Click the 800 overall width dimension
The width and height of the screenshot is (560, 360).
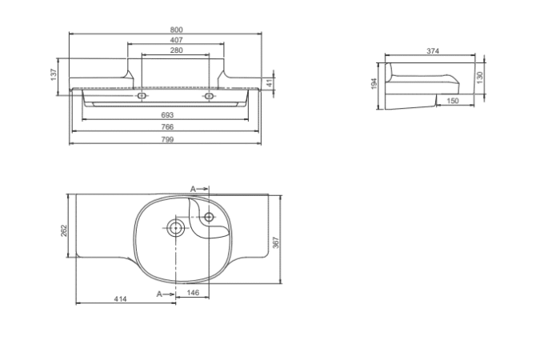pyautogui.click(x=176, y=30)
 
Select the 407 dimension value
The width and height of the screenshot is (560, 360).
pyautogui.click(x=176, y=40)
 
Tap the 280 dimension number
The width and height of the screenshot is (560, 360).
pyautogui.click(x=176, y=50)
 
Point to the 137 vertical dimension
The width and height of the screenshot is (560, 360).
pyautogui.click(x=54, y=74)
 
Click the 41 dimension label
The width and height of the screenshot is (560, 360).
pyautogui.click(x=270, y=83)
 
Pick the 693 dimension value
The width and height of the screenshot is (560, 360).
pyautogui.click(x=167, y=115)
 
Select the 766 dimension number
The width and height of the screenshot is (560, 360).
pyautogui.click(x=167, y=126)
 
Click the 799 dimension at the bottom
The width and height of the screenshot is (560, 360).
pyautogui.click(x=167, y=139)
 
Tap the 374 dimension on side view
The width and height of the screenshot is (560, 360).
pyautogui.click(x=433, y=51)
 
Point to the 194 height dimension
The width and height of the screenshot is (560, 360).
pyautogui.click(x=374, y=83)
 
